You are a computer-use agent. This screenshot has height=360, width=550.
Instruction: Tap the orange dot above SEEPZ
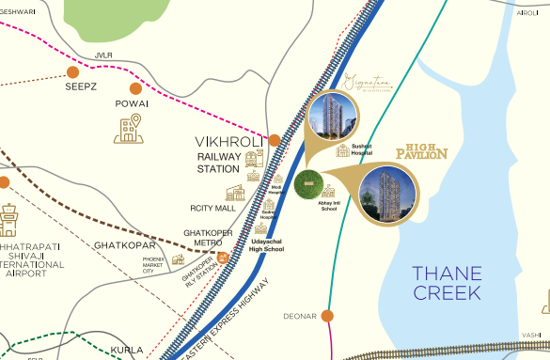click(73, 71)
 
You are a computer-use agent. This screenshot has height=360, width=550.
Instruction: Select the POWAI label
click(132, 103)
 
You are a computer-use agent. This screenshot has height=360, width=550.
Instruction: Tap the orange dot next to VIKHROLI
click(275, 140)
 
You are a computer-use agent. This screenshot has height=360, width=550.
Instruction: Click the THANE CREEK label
click(447, 283)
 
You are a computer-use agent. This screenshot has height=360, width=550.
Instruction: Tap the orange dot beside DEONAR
click(326, 316)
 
